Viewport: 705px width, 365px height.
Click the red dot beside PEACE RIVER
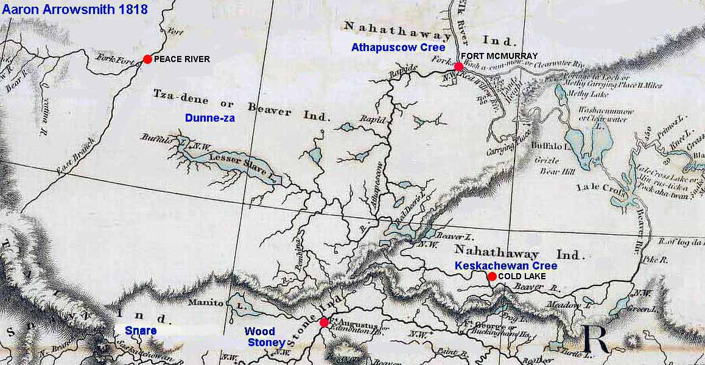tap(147, 59)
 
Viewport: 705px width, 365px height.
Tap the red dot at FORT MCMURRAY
tap(458, 66)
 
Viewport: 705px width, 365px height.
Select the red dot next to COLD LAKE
tap(491, 276)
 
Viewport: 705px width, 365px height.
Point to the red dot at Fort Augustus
tap(324, 322)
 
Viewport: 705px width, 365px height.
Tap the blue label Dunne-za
tap(210, 119)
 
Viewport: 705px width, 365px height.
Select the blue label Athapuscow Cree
tap(398, 47)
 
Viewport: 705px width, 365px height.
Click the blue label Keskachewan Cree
tap(506, 266)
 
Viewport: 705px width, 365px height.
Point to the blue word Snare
tap(141, 331)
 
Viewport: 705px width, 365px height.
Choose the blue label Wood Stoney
tap(264, 337)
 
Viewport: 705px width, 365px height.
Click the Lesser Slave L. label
tap(237, 165)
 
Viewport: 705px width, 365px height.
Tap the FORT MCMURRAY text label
tap(503, 56)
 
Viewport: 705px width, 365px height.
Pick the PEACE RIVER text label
tap(182, 59)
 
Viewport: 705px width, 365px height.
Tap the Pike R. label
tap(656, 259)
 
